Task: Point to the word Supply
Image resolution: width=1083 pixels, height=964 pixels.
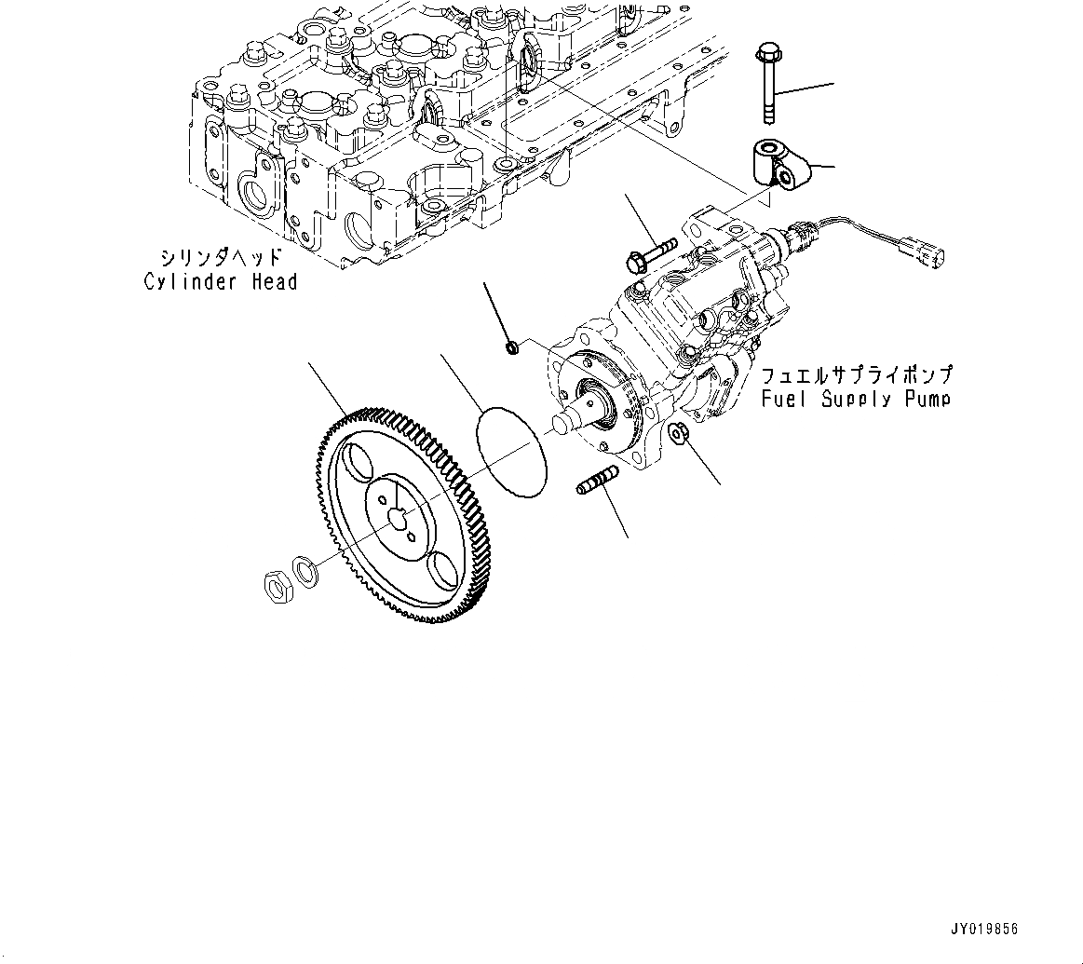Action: point(853,400)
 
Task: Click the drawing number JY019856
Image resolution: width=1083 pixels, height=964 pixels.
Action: point(984,930)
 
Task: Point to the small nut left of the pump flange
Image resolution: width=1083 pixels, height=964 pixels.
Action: point(510,348)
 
